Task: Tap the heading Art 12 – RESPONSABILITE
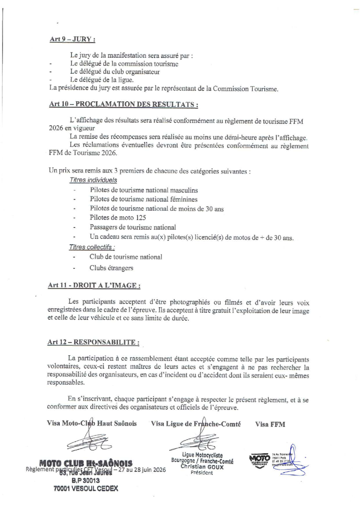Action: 93,341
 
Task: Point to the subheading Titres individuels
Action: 93,180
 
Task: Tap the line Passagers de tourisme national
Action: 133,227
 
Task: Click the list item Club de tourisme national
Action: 126,257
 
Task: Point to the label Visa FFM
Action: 270,424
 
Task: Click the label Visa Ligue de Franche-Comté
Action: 195,424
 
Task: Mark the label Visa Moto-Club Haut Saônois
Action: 92,424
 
